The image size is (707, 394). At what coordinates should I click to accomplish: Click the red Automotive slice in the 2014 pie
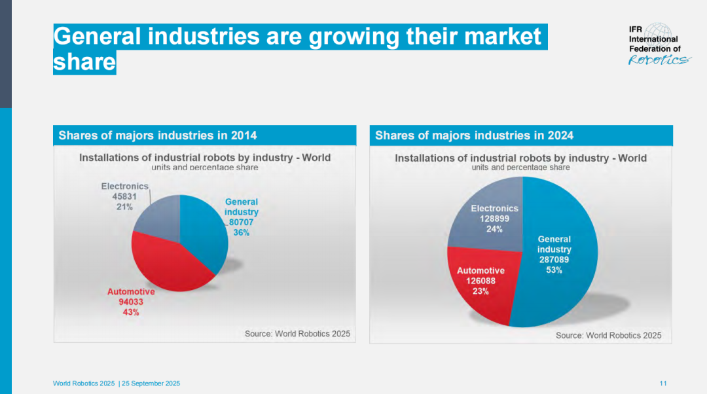(167, 262)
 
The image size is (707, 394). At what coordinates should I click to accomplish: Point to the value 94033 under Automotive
(131, 302)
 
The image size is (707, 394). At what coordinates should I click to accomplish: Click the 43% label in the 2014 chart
(131, 312)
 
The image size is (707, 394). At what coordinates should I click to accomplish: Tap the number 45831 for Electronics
(124, 196)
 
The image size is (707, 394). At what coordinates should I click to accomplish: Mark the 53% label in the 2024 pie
(554, 270)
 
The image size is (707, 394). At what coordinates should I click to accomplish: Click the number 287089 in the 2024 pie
(554, 259)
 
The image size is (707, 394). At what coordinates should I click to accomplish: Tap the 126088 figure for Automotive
(480, 281)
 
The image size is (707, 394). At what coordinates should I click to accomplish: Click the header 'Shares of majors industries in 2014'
(158, 135)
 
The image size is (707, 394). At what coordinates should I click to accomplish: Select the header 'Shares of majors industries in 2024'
(474, 135)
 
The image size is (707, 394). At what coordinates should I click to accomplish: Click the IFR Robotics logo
(658, 44)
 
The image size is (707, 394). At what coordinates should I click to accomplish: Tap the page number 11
(663, 384)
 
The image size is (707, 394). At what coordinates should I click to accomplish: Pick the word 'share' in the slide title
(84, 63)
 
